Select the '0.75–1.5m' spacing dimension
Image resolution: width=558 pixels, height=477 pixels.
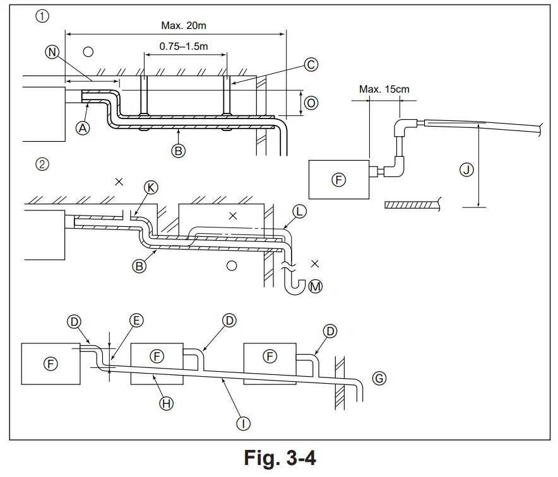click(x=183, y=47)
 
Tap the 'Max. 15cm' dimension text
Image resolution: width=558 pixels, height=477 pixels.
click(x=384, y=89)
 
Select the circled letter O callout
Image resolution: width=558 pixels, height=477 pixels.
click(x=311, y=102)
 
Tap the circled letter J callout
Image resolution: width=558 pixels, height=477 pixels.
click(x=466, y=170)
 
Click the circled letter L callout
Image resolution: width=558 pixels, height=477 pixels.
click(x=299, y=212)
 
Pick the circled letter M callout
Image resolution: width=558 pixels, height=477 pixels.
click(x=316, y=287)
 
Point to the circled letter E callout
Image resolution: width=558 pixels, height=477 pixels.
click(x=136, y=321)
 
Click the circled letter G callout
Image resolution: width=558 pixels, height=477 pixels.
click(x=379, y=378)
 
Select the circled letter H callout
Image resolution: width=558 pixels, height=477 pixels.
click(x=166, y=403)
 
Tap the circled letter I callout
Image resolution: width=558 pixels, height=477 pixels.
click(x=244, y=423)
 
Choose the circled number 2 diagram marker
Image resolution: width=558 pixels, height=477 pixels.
click(x=42, y=164)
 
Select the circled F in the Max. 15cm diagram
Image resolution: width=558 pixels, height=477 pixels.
click(x=339, y=180)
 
